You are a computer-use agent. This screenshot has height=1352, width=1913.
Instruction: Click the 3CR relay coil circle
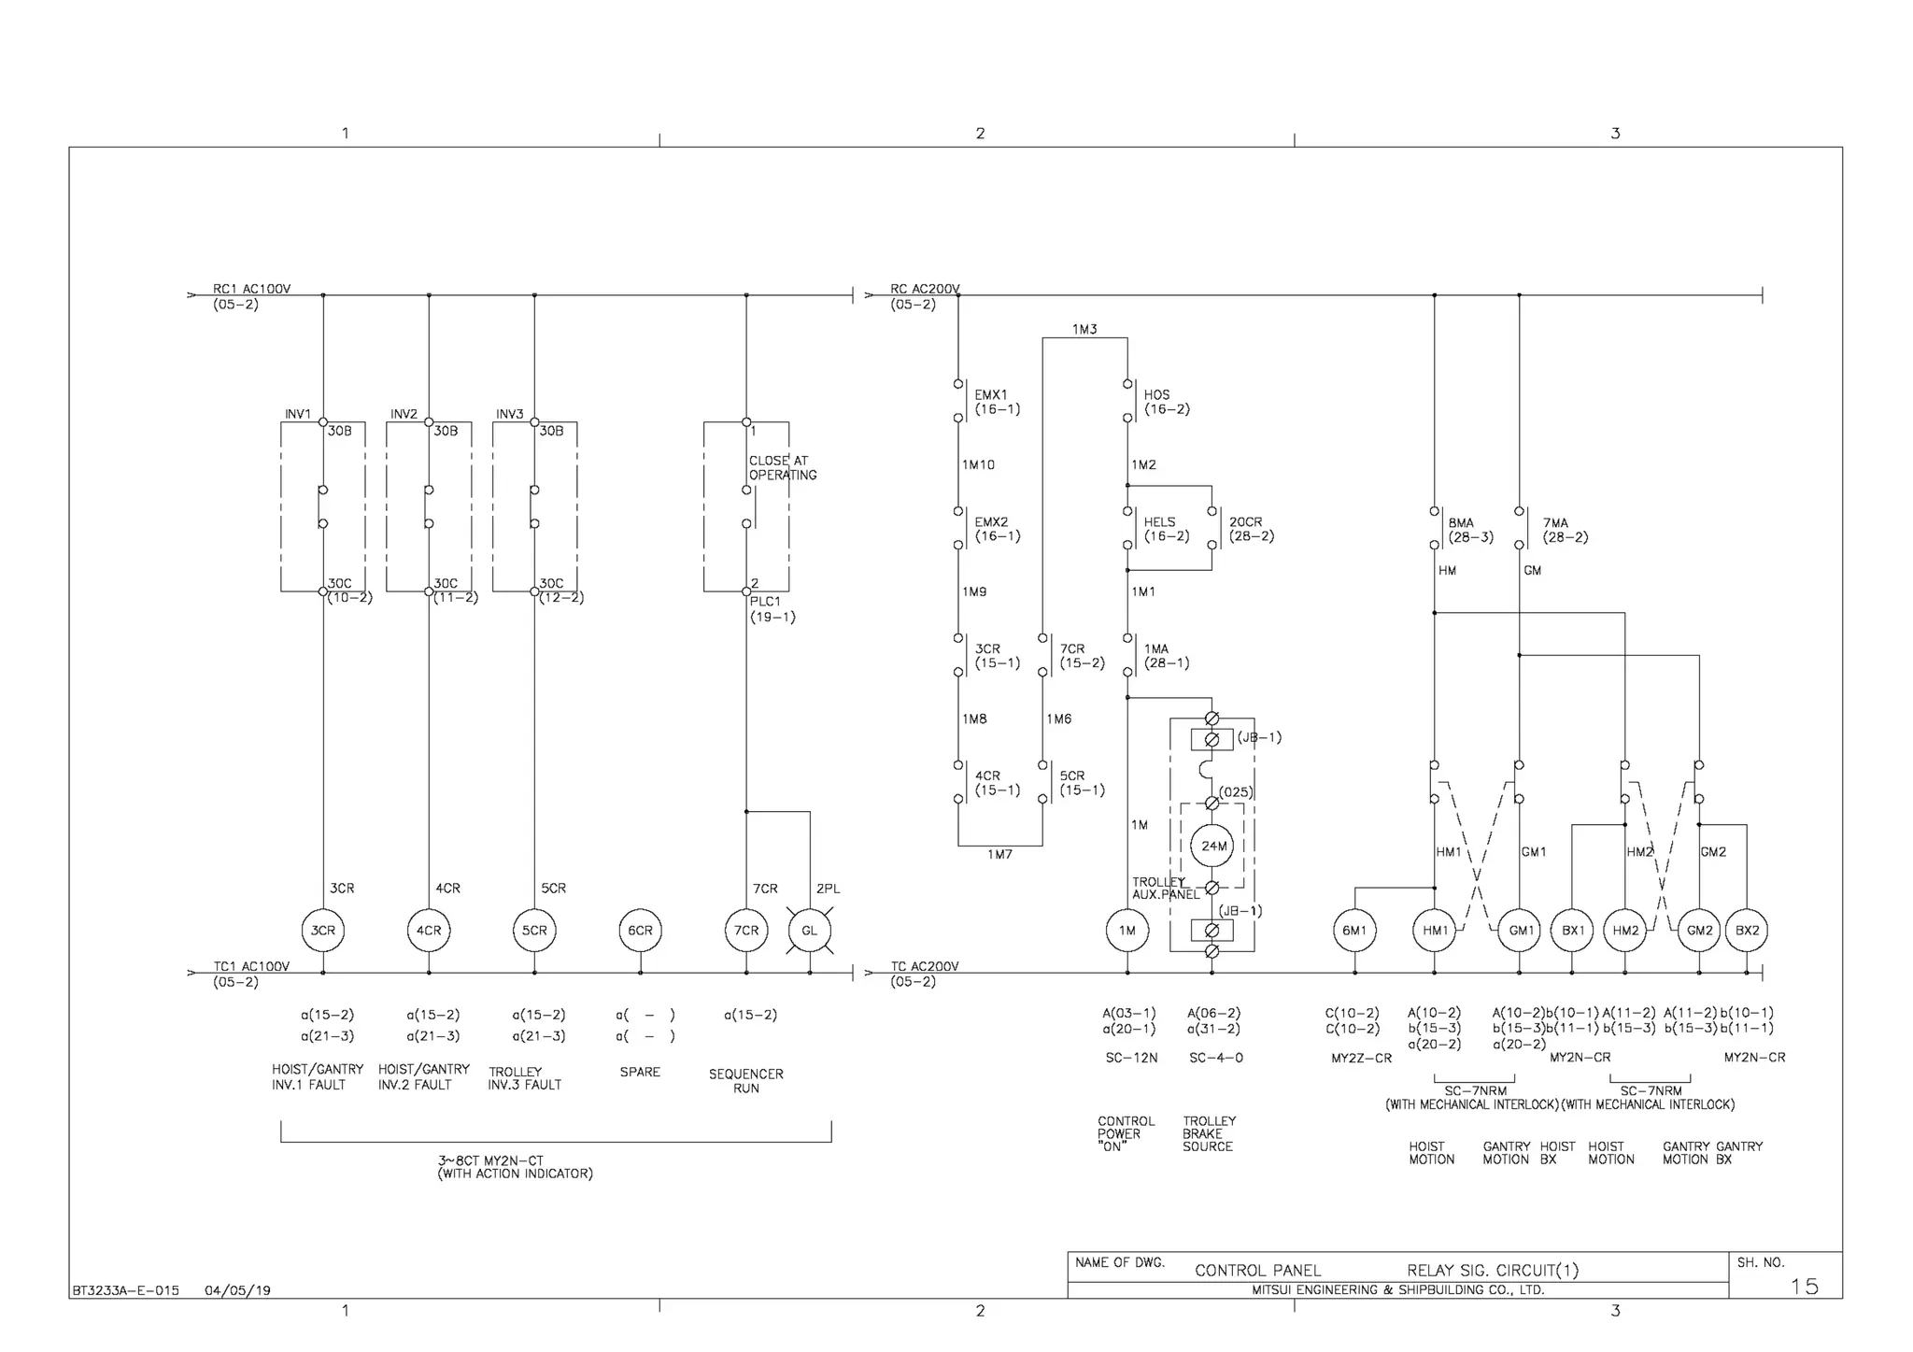click(322, 931)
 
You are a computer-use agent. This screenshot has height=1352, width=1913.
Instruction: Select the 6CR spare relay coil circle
click(640, 931)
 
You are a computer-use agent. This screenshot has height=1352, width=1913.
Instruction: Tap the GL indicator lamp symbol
click(809, 931)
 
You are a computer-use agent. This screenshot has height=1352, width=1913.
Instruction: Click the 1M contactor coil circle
click(1127, 931)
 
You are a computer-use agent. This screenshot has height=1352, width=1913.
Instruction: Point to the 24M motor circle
click(1212, 846)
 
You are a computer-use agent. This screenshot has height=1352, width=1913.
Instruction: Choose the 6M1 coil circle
click(1354, 931)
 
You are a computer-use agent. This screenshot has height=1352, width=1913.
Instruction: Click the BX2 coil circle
click(1747, 931)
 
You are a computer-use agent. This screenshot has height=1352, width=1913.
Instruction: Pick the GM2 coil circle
click(1699, 931)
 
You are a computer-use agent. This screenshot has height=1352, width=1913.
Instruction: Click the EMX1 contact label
click(991, 395)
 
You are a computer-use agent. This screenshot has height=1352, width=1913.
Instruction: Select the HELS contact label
click(1159, 522)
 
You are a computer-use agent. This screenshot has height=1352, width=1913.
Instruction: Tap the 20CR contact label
click(1245, 522)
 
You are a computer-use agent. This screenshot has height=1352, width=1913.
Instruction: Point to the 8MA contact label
click(1461, 523)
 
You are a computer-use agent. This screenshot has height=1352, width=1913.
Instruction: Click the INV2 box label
click(404, 414)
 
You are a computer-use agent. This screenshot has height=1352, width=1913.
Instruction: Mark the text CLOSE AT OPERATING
click(783, 468)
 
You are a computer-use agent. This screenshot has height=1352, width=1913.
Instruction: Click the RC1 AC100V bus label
click(251, 289)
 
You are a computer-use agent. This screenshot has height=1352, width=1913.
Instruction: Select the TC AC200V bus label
click(925, 966)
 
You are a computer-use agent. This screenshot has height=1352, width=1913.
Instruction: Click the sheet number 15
click(1804, 1287)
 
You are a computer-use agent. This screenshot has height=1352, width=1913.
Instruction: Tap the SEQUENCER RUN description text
click(745, 1081)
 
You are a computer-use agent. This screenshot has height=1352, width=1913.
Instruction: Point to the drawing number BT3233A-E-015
click(125, 1290)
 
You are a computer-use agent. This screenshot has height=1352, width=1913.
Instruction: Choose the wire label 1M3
click(1084, 329)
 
